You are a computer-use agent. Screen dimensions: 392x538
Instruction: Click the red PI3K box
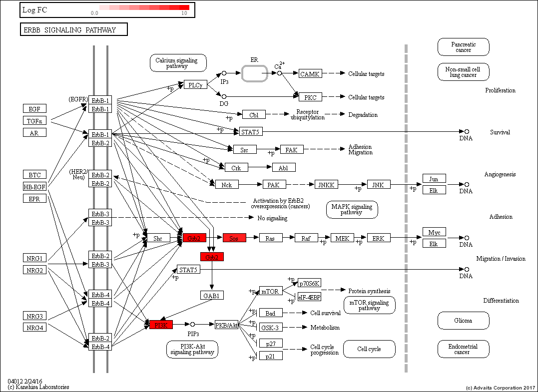point(161,325)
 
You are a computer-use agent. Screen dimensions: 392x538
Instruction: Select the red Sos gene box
point(234,238)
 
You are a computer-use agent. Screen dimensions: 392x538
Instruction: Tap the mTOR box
point(271,291)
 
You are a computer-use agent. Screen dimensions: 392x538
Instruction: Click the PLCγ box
point(195,85)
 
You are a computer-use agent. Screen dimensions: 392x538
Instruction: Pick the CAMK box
point(311,74)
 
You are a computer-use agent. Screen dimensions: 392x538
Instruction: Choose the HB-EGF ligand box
point(34,187)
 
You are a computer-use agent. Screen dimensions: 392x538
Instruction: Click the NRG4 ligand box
point(34,327)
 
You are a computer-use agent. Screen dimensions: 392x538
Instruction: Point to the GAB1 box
point(212,295)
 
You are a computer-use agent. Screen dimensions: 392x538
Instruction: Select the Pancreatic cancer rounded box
point(463,47)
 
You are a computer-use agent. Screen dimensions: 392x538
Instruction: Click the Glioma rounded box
point(463,321)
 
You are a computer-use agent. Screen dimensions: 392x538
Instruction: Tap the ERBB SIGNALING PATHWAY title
point(73,30)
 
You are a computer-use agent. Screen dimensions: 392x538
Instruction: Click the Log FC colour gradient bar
point(144,7)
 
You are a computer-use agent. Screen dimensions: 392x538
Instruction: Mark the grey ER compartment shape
point(255,73)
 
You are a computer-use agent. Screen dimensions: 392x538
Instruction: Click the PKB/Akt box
point(226,325)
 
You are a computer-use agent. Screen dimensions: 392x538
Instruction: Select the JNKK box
point(326,185)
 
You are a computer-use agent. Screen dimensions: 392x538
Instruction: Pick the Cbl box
point(254,115)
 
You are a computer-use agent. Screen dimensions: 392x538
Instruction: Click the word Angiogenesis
point(500,174)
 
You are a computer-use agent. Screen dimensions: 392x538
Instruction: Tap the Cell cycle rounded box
point(369,349)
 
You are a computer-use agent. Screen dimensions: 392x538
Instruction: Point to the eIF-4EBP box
point(309,297)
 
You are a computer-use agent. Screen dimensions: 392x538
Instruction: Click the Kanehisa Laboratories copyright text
point(38,387)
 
